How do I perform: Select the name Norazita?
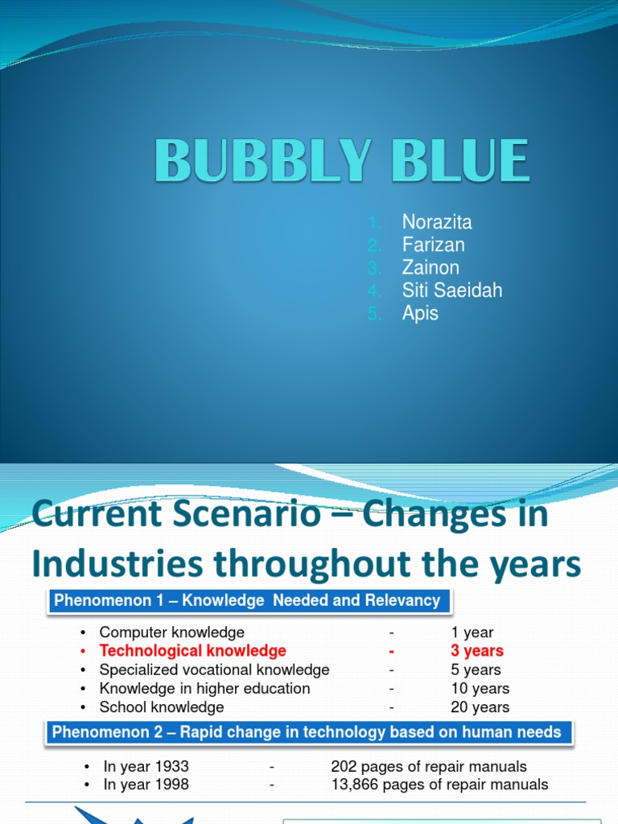[437, 222]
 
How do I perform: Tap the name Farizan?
[434, 245]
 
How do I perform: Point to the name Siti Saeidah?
[452, 290]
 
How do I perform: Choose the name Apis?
[420, 313]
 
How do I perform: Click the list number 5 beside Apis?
[374, 313]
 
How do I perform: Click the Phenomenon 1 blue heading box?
[247, 600]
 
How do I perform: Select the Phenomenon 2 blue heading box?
[307, 732]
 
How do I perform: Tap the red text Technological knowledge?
[192, 651]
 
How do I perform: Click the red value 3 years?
[477, 651]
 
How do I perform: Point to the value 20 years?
[480, 707]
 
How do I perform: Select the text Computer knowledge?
[171, 632]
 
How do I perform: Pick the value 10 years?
[480, 689]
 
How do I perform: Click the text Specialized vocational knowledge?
[214, 669]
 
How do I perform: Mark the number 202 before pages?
[344, 766]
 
